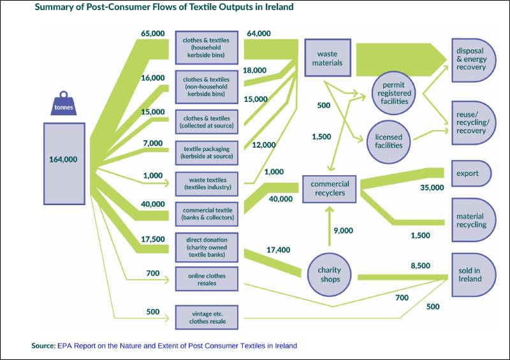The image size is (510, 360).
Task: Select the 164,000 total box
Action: click(64, 159)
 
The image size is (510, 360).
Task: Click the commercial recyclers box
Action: click(330, 189)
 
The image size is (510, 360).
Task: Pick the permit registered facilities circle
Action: click(395, 93)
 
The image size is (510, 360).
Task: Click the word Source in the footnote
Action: click(43, 345)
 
